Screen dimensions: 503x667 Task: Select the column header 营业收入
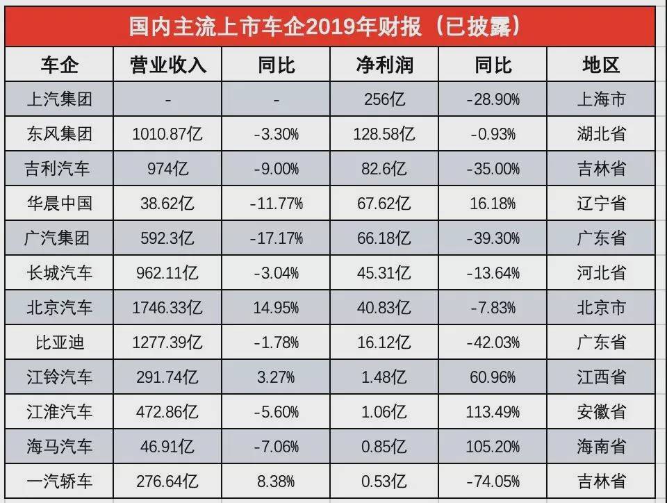167,65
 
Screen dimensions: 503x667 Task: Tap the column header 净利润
384,65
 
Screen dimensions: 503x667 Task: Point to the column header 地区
601,65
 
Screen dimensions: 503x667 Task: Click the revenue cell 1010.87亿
167,134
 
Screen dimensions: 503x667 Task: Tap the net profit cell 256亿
384,99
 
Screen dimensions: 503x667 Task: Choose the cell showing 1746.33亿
167,308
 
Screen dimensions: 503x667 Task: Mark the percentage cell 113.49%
493,412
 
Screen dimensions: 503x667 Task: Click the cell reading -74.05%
493,481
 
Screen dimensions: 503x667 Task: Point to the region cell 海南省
601,446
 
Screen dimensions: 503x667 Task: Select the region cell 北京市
601,308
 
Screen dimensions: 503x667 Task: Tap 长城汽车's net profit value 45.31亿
384,273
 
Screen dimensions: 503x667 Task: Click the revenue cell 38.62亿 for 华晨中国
167,204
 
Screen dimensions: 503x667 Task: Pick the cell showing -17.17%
277,238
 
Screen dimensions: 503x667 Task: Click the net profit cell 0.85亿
384,446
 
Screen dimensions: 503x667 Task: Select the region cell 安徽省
601,412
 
